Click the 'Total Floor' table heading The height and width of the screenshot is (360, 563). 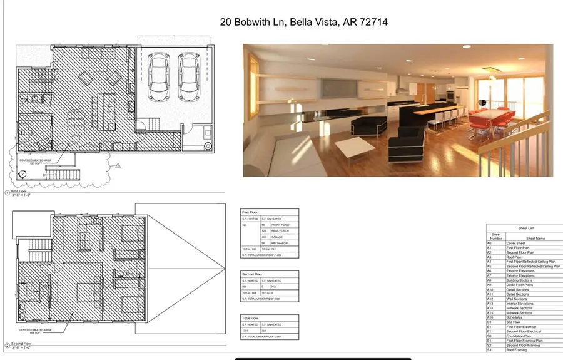point(251,318)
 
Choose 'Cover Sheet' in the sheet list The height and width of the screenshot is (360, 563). point(515,243)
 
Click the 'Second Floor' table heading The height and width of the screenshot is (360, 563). point(253,274)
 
